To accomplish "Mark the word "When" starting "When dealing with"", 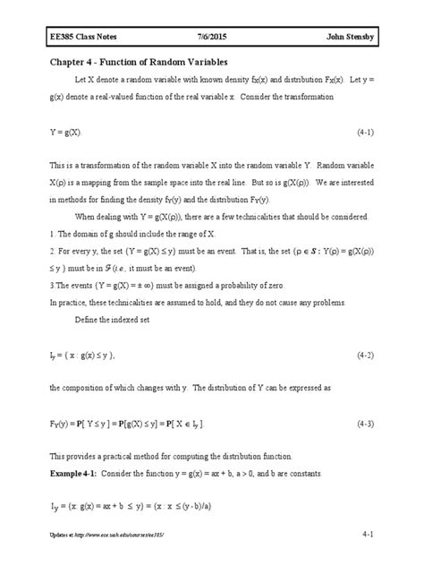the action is click(97, 216).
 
